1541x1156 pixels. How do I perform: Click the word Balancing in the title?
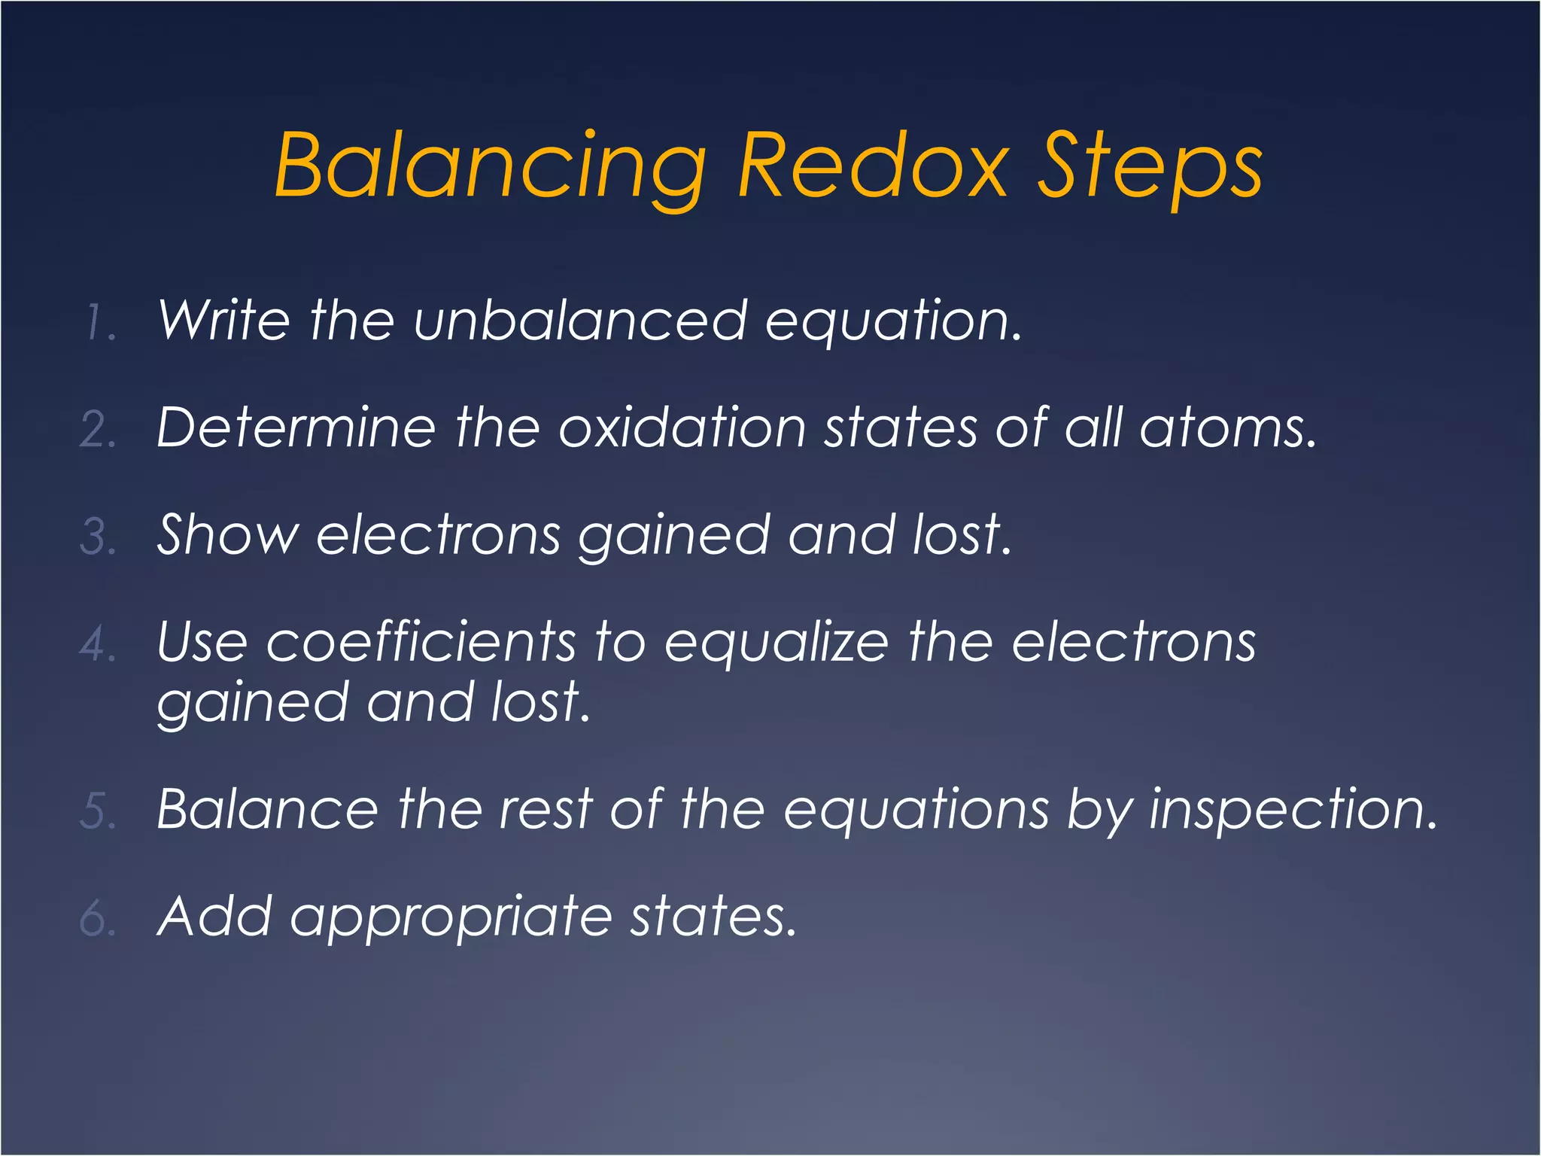490,166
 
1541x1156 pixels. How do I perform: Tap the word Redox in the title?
873,166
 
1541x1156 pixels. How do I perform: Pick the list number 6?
98,919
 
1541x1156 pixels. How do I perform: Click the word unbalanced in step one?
580,321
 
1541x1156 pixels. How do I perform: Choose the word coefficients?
421,643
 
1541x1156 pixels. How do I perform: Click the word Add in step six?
214,917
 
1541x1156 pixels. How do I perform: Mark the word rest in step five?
546,811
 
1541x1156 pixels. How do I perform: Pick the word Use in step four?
202,643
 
